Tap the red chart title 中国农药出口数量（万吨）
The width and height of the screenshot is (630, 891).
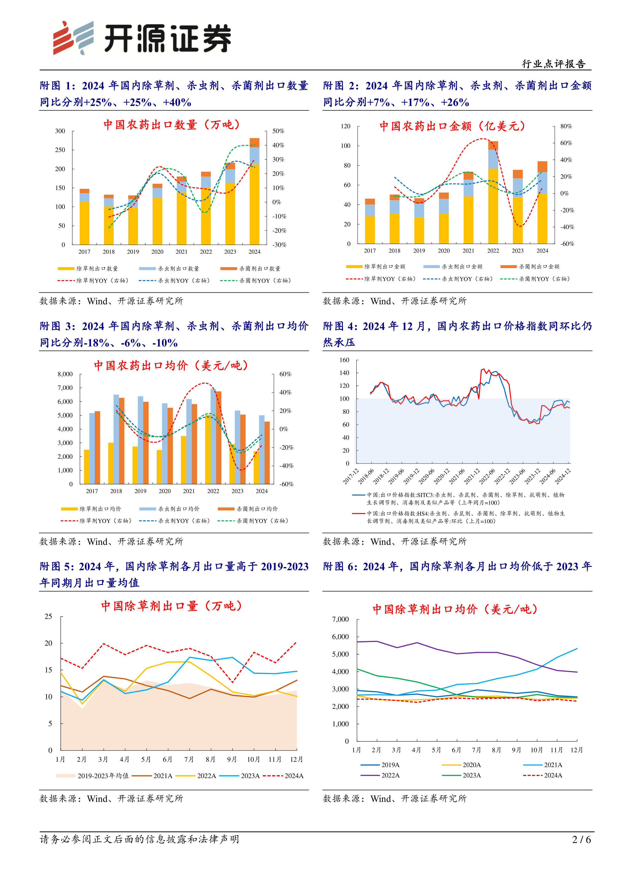click(x=172, y=124)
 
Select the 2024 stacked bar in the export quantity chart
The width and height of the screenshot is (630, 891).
click(x=254, y=191)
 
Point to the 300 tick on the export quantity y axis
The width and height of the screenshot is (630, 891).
click(x=60, y=131)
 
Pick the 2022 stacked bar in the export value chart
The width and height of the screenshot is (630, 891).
click(x=493, y=193)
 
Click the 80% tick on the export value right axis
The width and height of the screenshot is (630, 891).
click(x=566, y=126)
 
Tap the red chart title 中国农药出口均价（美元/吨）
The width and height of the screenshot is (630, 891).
click(x=171, y=365)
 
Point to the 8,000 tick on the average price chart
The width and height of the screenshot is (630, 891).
click(x=65, y=374)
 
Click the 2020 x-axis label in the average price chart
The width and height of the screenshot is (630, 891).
click(x=165, y=491)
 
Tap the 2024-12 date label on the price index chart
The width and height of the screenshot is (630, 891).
click(x=562, y=476)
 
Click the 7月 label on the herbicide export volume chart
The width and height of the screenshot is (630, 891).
click(x=189, y=759)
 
